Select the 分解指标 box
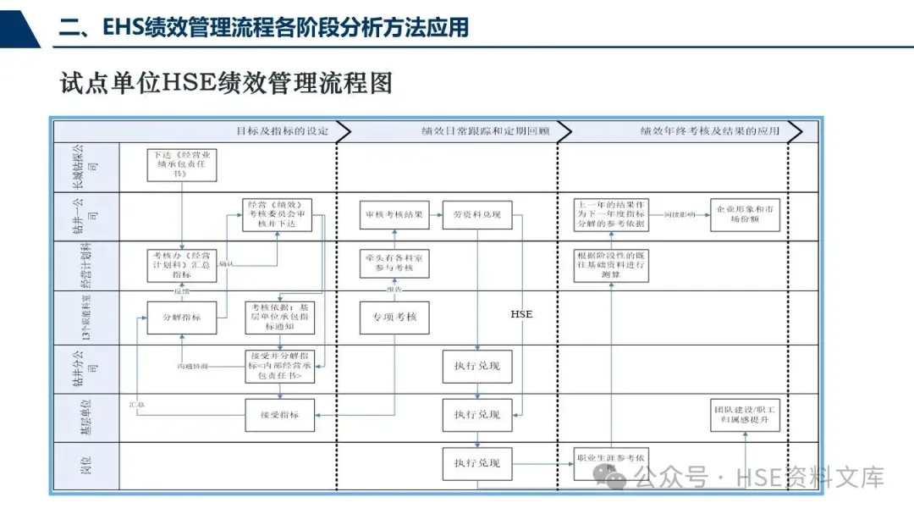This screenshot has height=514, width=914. pyautogui.click(x=181, y=317)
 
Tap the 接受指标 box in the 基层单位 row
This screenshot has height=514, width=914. pyautogui.click(x=280, y=415)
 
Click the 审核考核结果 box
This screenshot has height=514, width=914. pyautogui.click(x=394, y=214)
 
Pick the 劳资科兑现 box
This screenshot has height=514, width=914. pyautogui.click(x=477, y=214)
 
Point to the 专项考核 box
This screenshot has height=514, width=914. pyautogui.click(x=394, y=317)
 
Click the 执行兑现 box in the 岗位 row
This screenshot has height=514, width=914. pyautogui.click(x=477, y=463)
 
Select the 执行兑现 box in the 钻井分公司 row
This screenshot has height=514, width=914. pyautogui.click(x=477, y=366)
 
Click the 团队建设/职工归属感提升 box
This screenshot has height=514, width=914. pyautogui.click(x=745, y=415)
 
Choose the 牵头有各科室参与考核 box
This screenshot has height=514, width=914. pyautogui.click(x=394, y=263)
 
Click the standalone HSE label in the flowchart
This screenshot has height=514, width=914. pyautogui.click(x=521, y=314)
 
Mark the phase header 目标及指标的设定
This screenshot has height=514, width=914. pyautogui.click(x=282, y=131)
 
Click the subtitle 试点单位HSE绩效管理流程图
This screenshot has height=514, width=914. pyautogui.click(x=226, y=83)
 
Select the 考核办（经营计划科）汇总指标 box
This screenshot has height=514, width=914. pyautogui.click(x=181, y=263)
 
